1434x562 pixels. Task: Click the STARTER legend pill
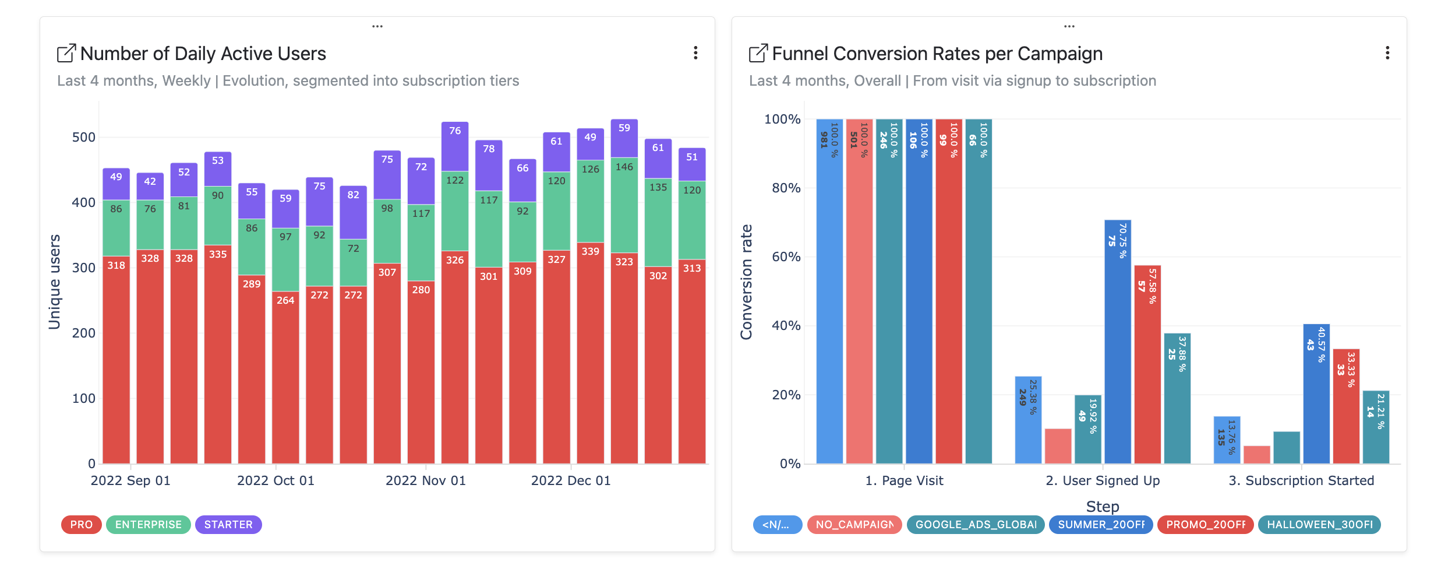pyautogui.click(x=228, y=525)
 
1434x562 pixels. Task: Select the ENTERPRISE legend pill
pyautogui.click(x=148, y=525)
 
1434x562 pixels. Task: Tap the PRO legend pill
pyautogui.click(x=81, y=525)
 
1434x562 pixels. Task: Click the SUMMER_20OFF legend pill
pyautogui.click(x=1101, y=525)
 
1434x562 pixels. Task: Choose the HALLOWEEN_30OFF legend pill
pyautogui.click(x=1319, y=525)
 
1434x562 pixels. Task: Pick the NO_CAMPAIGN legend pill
pyautogui.click(x=854, y=525)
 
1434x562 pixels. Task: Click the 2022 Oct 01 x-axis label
pyautogui.click(x=276, y=481)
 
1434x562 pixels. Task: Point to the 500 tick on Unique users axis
pyautogui.click(x=83, y=138)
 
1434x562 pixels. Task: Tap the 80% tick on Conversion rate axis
pyautogui.click(x=786, y=188)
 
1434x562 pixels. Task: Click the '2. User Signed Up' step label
pyautogui.click(x=1103, y=481)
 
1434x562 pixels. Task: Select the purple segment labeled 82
pyautogui.click(x=354, y=213)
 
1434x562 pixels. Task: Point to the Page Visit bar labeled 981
pyautogui.click(x=829, y=291)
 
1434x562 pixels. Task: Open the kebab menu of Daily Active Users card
pyautogui.click(x=695, y=53)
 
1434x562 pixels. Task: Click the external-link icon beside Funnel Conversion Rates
pyautogui.click(x=758, y=54)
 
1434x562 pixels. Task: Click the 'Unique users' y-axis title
pyautogui.click(x=55, y=282)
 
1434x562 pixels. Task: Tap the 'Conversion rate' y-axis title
pyautogui.click(x=746, y=282)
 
